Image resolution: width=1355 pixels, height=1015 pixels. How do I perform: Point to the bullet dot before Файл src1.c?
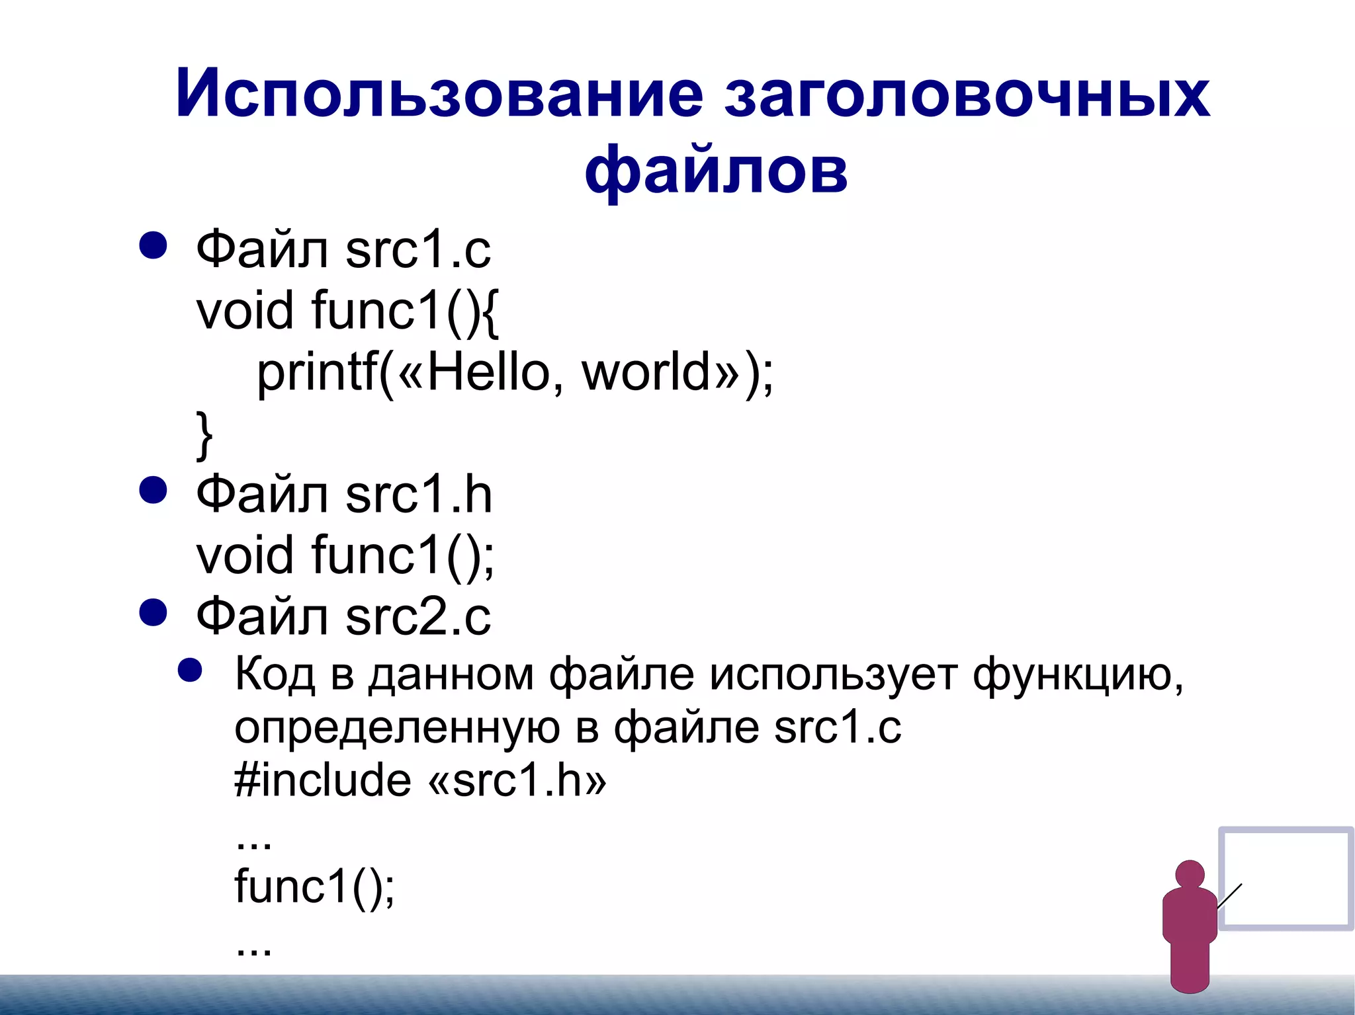coord(153,246)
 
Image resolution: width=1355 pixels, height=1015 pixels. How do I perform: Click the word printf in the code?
coord(317,372)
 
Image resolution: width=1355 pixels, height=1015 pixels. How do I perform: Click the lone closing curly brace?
coord(204,434)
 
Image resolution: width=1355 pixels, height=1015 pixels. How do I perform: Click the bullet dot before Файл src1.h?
coord(153,491)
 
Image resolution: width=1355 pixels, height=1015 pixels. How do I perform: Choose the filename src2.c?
coord(417,617)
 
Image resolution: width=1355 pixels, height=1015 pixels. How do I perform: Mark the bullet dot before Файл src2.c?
coord(153,613)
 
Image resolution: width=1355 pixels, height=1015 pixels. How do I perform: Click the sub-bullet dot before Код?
coord(190,670)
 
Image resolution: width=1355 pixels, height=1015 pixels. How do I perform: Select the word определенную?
coord(397,729)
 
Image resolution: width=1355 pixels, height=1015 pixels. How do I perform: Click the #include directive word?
coord(322,780)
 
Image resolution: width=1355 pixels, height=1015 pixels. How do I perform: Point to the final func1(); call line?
coord(314,886)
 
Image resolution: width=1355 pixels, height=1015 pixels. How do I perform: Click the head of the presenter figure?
coord(1190,874)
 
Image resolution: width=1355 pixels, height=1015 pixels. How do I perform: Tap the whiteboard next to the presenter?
coord(1286,878)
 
